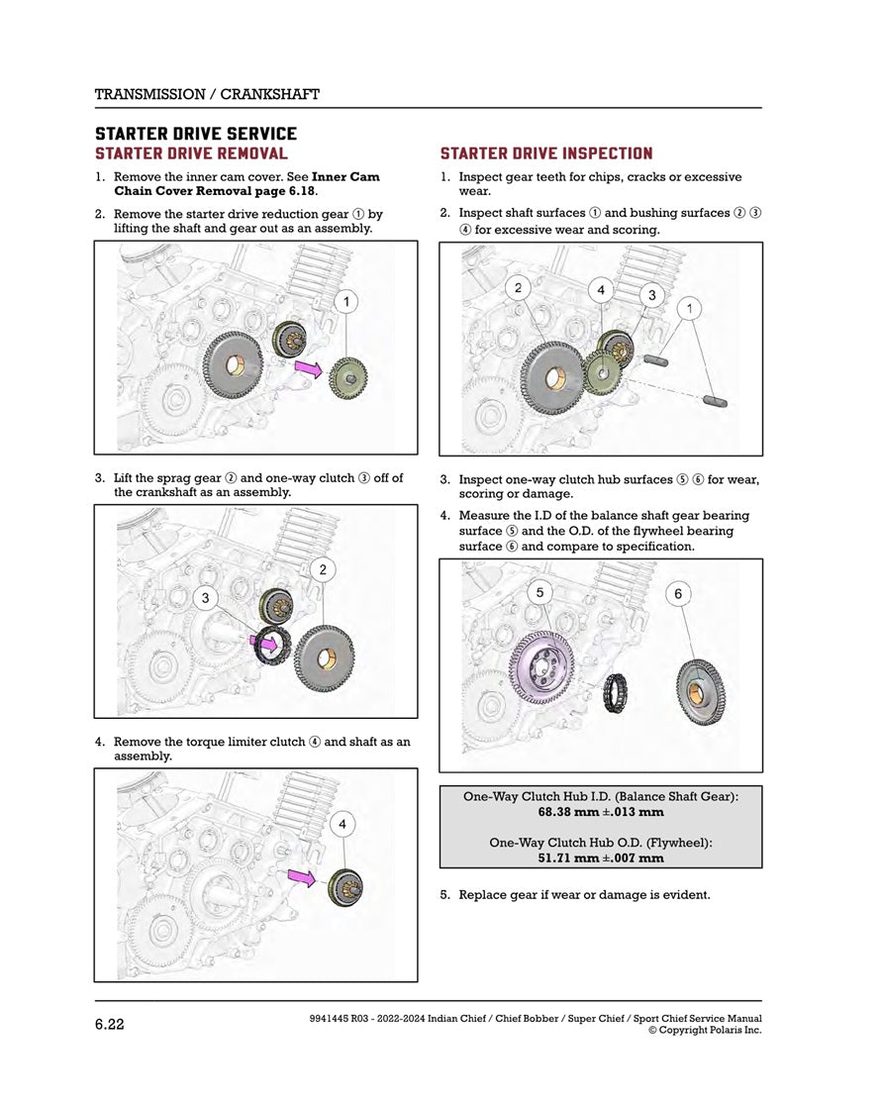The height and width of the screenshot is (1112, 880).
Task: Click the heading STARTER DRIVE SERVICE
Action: (x=195, y=134)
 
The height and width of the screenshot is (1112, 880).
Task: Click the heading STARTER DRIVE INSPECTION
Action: (x=545, y=153)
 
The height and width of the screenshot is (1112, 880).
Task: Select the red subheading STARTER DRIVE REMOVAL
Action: (x=191, y=153)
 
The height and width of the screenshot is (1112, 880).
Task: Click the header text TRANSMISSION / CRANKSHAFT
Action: (x=206, y=94)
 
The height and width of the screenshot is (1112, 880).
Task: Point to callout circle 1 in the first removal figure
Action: (x=346, y=300)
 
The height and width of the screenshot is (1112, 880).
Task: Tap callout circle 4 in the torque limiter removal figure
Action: (x=342, y=824)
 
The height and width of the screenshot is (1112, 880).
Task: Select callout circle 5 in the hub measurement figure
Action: (x=539, y=592)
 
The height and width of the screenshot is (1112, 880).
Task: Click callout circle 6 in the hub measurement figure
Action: (x=678, y=594)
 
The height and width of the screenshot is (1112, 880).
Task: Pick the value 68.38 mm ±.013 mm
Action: (x=601, y=812)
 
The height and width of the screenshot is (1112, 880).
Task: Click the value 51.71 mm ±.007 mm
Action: (x=601, y=859)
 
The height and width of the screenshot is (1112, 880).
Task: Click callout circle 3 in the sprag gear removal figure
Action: (x=205, y=597)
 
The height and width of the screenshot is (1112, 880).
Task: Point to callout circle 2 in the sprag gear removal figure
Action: (x=324, y=568)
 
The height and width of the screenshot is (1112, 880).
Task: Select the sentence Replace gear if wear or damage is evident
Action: (x=584, y=895)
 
